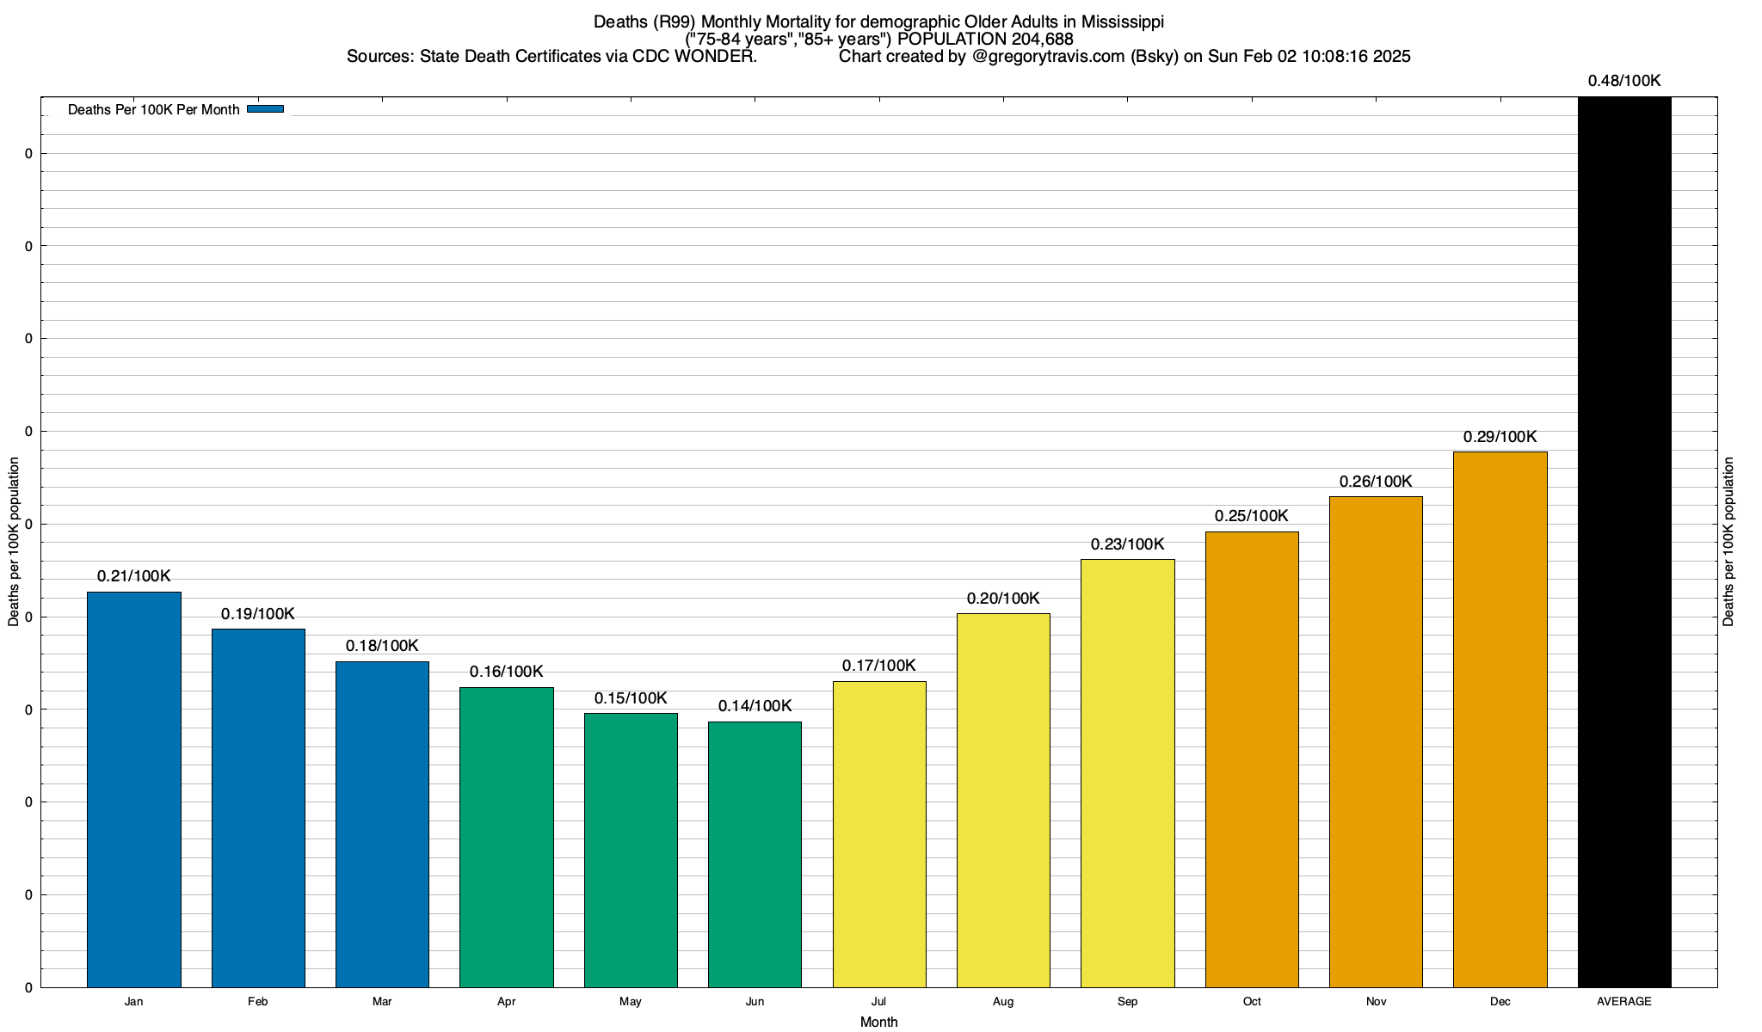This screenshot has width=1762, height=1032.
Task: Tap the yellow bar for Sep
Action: click(x=1127, y=773)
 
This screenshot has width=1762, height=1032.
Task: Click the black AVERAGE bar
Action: click(x=1624, y=542)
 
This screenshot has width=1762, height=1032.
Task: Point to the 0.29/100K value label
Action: click(x=1500, y=437)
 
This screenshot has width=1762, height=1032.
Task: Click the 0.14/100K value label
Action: click(x=755, y=706)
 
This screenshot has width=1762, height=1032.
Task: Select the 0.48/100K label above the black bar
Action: click(x=1624, y=81)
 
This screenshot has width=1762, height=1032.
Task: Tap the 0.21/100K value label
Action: click(x=133, y=576)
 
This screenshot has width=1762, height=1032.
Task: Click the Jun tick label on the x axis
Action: click(x=755, y=1002)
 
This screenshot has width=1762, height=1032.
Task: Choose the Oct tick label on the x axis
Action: click(x=1252, y=1002)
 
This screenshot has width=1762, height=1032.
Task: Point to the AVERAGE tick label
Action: click(x=1624, y=1002)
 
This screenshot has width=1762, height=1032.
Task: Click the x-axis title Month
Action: click(x=878, y=1022)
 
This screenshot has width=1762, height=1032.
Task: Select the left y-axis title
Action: click(x=14, y=542)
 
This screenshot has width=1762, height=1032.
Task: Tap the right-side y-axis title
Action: click(x=1729, y=542)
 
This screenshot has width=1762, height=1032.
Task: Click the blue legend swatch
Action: click(x=265, y=109)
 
